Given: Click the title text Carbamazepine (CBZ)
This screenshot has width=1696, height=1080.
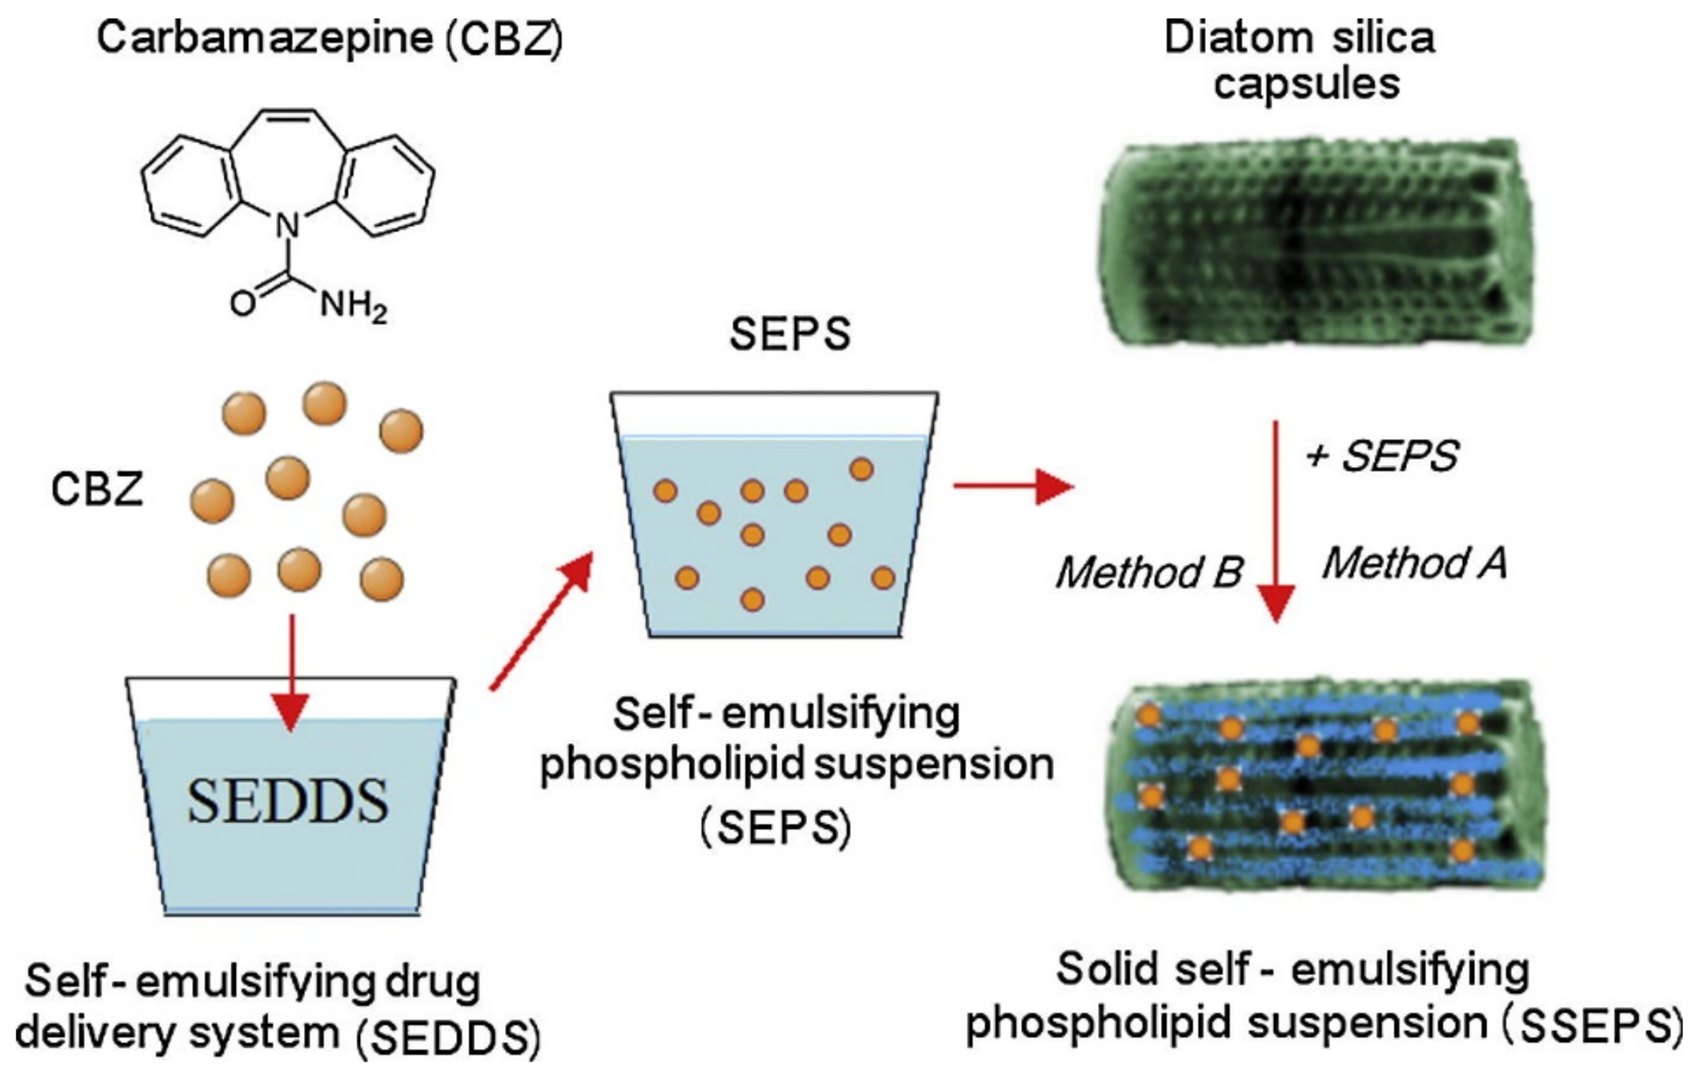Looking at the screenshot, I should [x=330, y=39].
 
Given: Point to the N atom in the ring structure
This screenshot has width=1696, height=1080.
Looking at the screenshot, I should [x=288, y=226].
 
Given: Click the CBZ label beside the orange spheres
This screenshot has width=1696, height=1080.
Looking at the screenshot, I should [x=97, y=489].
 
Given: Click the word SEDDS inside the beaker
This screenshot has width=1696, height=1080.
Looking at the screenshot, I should [x=288, y=802].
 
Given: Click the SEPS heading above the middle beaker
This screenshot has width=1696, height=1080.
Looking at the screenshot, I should [x=789, y=334].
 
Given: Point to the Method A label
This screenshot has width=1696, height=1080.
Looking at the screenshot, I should [x=1414, y=565].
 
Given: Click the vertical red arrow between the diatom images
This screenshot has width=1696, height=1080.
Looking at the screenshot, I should [x=1275, y=522].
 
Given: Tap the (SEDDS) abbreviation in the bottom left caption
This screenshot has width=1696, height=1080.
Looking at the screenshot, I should [x=448, y=1039].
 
